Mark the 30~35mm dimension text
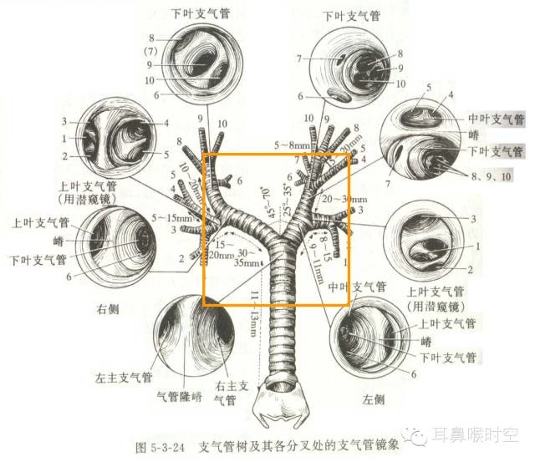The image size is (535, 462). point(246,256)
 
